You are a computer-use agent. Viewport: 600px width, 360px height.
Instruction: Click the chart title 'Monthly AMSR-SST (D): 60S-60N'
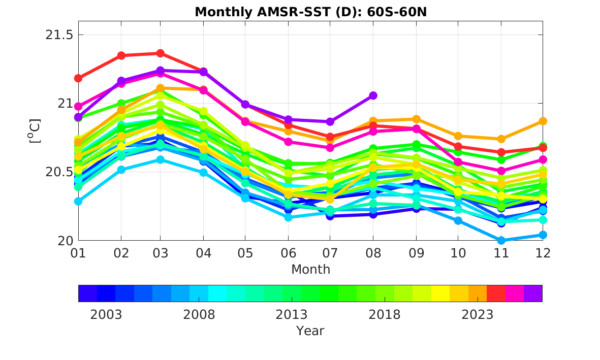(310, 12)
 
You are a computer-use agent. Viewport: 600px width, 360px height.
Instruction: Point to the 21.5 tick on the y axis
(59, 35)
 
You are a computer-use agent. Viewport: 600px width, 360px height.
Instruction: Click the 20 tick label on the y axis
(66, 241)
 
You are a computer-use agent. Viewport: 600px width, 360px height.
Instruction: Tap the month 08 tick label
(373, 253)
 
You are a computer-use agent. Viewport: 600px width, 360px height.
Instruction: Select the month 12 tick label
(543, 253)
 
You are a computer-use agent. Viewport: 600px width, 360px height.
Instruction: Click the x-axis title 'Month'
(310, 269)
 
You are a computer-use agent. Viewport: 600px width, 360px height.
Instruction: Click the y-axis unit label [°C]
(35, 131)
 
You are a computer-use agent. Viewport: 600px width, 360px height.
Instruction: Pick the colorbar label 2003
(106, 314)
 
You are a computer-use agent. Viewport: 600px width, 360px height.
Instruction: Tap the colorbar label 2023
(477, 314)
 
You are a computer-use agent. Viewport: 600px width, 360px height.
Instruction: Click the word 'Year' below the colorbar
(310, 331)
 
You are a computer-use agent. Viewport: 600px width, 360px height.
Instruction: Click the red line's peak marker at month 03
(161, 53)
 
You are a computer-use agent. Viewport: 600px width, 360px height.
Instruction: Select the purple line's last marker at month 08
(373, 95)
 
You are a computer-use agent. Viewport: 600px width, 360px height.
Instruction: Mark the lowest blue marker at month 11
(501, 240)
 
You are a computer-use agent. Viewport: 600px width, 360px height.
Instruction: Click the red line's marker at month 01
(78, 78)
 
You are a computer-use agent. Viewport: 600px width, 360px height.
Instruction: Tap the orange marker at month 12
(543, 121)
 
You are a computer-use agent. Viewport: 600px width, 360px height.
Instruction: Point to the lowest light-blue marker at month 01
(78, 201)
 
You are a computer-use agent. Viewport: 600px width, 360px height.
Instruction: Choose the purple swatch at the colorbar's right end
(533, 293)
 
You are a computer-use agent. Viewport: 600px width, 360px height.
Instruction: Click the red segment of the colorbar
(496, 293)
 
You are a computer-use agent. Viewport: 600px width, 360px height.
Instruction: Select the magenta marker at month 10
(458, 162)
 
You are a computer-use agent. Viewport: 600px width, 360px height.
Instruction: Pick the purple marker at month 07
(330, 122)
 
